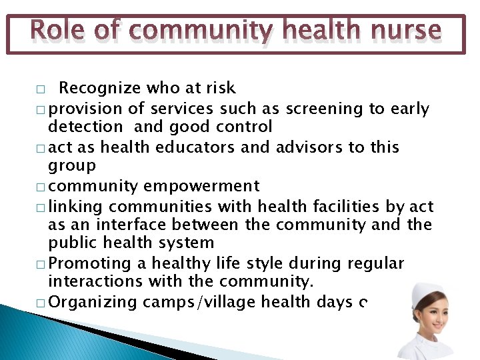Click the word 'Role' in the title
[x=56, y=31]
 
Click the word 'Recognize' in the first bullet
[x=101, y=88]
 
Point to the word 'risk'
[x=220, y=88]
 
